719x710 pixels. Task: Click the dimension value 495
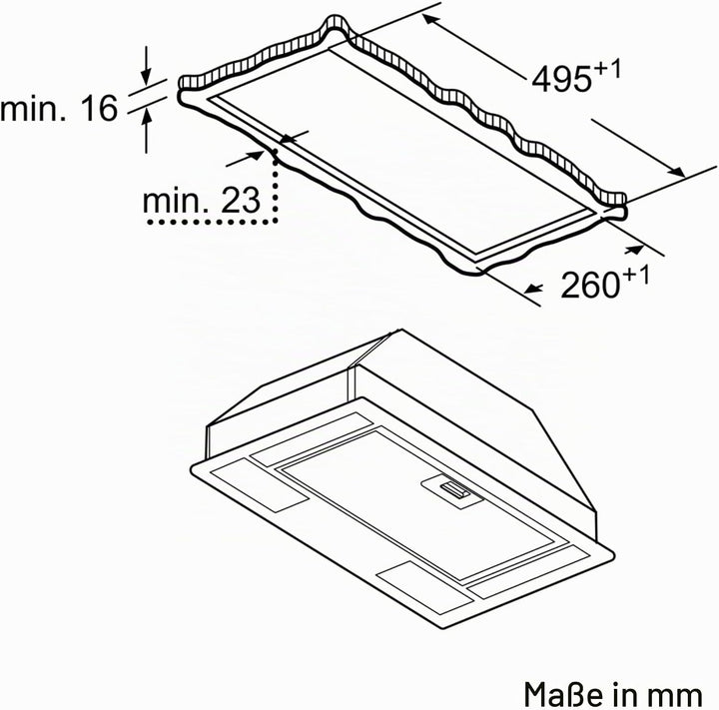[x=561, y=79]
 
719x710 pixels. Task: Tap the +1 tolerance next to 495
[x=607, y=70]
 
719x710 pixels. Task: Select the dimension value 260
[x=590, y=285]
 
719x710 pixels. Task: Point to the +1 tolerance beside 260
[x=636, y=276]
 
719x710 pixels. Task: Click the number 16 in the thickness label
[x=99, y=108]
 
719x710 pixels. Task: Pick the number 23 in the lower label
[x=241, y=201]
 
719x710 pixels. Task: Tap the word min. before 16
[x=33, y=108]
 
